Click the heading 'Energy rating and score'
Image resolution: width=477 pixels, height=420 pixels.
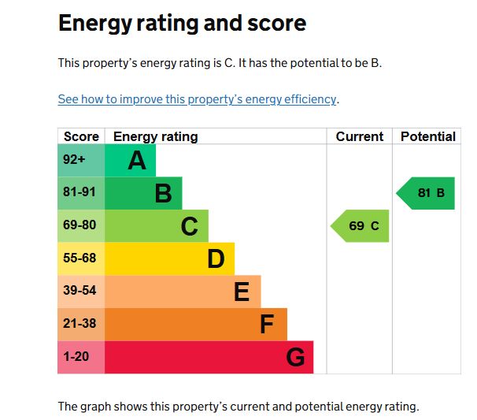tap(182, 24)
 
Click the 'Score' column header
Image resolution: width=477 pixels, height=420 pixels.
tap(81, 136)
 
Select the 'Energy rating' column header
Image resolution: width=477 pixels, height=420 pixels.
tap(156, 136)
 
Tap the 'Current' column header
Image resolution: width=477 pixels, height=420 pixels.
tap(359, 136)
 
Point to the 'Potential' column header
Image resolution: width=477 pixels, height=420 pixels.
tap(427, 136)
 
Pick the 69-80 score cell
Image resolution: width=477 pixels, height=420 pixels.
tap(79, 225)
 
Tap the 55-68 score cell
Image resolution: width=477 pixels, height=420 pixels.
tap(79, 258)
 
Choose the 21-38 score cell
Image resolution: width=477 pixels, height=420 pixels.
tap(79, 324)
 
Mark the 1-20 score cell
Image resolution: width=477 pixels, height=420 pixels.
tap(76, 357)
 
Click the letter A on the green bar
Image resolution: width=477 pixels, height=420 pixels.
tap(137, 161)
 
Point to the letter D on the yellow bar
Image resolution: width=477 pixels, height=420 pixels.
tap(216, 259)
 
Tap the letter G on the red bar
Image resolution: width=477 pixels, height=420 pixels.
tap(295, 358)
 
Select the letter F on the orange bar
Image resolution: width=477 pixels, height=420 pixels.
tap(268, 325)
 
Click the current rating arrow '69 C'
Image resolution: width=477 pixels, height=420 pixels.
tap(361, 226)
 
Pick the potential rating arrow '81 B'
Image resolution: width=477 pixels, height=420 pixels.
tap(427, 193)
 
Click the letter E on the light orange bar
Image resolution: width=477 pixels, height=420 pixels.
tap(242, 292)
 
